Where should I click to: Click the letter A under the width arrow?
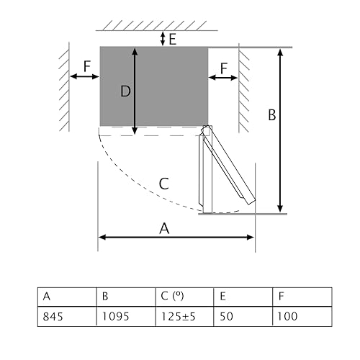coord(165,228)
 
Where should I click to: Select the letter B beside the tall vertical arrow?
coord(271,114)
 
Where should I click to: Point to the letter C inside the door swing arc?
coord(163,183)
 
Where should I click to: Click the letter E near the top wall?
coord(173,39)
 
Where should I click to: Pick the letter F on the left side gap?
coord(86,66)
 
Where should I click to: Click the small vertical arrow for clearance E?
coord(163,38)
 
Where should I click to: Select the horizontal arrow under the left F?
coord(84,76)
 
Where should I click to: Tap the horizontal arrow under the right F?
coord(223,77)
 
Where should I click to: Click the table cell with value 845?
coord(67,316)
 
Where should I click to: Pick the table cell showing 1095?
coord(125,316)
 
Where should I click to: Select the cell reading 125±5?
coord(184,316)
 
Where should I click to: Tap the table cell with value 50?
coord(243,316)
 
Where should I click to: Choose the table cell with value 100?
coord(302,316)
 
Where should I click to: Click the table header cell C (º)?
coord(184,297)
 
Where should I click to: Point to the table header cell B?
coord(125,297)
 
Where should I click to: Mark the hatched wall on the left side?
coord(64,86)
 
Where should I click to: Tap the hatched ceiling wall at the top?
coord(152,25)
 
